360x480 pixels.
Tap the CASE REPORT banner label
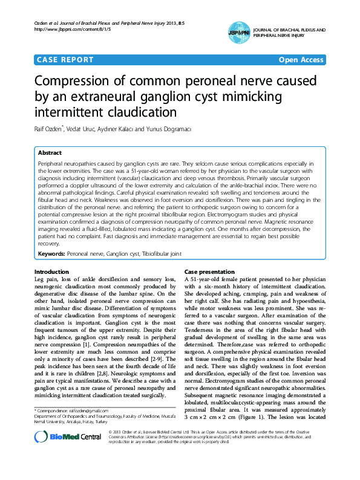(65, 60)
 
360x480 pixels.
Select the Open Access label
(301, 60)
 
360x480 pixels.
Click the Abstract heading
(50, 153)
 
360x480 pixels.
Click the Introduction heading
(51, 273)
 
